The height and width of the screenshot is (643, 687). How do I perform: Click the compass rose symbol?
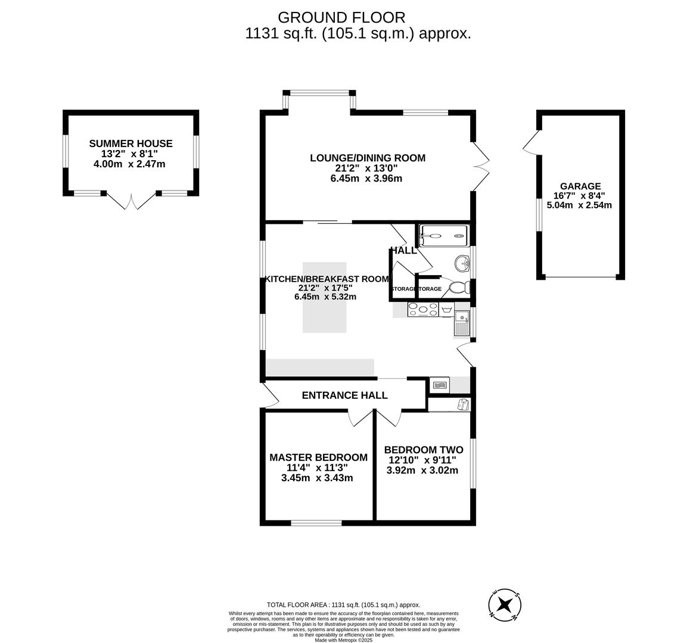pos(505,605)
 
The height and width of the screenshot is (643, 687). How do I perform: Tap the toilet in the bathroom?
pos(459,288)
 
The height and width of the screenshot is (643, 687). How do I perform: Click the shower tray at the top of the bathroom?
pos(444,235)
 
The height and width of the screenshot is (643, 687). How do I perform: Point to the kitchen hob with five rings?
pos(422,310)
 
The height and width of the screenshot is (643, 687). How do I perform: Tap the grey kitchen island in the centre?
pos(324,297)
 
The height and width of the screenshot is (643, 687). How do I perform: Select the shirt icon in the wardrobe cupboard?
pos(463,405)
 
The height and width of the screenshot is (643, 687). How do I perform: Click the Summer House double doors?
pos(131,202)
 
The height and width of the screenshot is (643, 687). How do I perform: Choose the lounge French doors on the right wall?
pos(481,166)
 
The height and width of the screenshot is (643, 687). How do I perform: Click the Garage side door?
pos(530,141)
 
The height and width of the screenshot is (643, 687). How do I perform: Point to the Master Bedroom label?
pos(318,457)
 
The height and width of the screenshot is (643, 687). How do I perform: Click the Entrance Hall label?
pos(344,395)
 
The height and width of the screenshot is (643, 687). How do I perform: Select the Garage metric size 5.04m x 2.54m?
pos(579,205)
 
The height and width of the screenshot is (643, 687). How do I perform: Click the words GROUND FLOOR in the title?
pos(341,18)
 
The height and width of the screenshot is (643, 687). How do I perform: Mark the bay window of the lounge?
pos(319,94)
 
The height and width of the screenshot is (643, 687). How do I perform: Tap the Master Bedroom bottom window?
pos(317,523)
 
